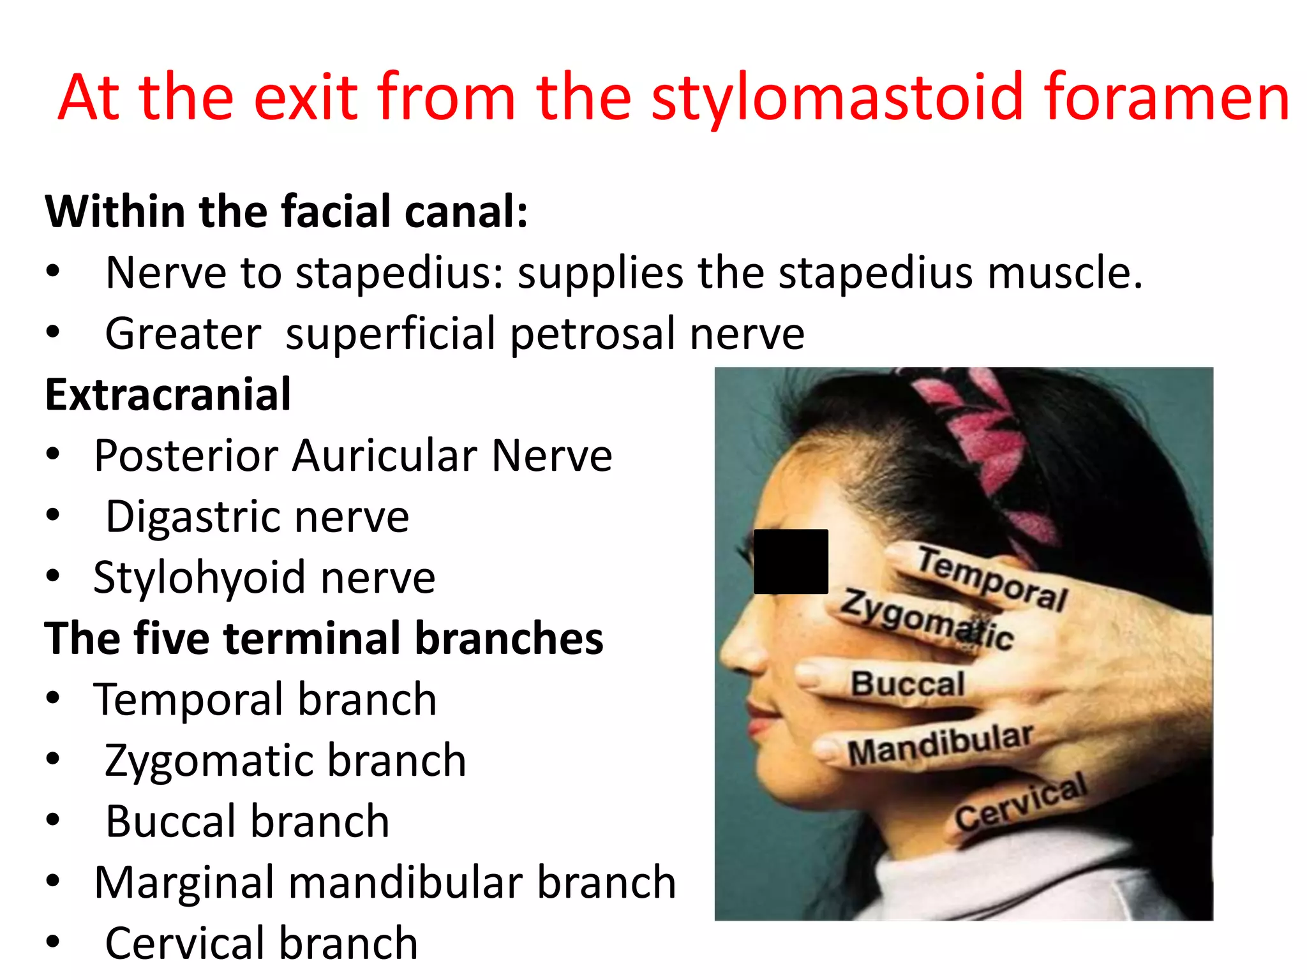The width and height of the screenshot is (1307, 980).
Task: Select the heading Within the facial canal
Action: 287,211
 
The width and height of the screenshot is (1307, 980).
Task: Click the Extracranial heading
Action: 168,394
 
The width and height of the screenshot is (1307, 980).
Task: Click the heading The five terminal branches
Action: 324,638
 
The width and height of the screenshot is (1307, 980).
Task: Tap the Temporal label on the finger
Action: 992,578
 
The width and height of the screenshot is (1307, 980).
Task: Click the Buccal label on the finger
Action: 907,683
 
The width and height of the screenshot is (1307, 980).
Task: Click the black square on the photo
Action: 791,561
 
